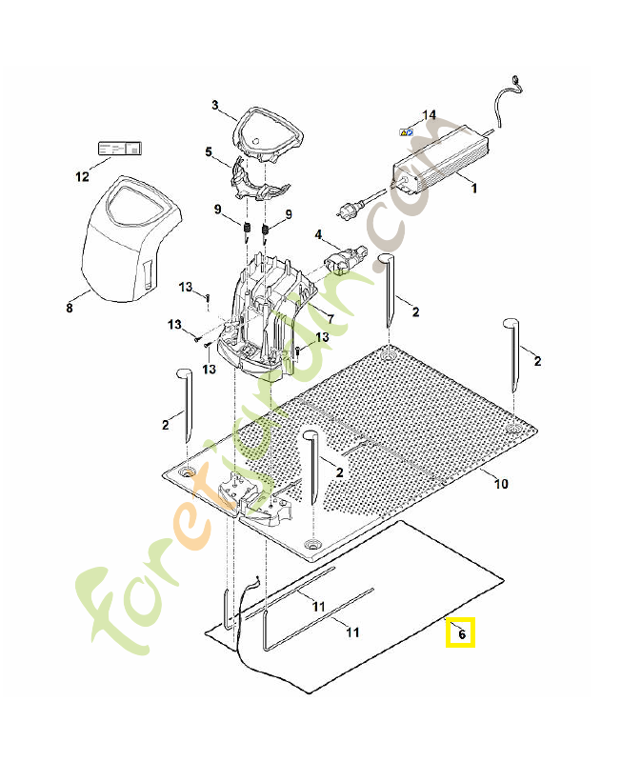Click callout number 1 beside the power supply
[474, 189]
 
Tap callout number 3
[215, 105]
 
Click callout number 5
[209, 151]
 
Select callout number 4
[318, 233]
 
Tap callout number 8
[69, 308]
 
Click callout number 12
[81, 176]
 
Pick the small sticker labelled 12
[119, 149]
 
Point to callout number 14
[430, 115]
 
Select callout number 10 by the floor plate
[500, 484]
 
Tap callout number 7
[330, 318]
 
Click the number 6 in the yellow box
[462, 633]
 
